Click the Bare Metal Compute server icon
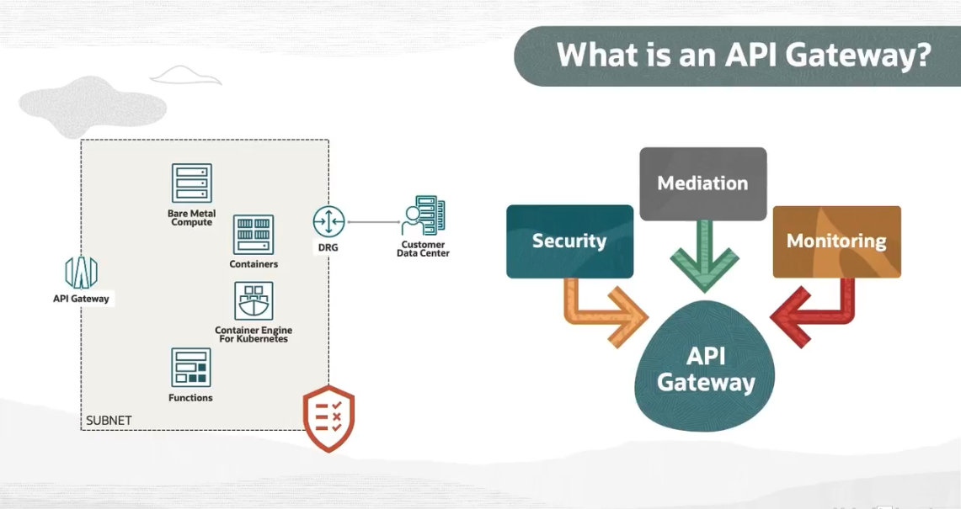(191, 183)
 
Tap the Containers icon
(254, 235)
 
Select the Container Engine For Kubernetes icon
(254, 301)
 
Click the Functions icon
(190, 368)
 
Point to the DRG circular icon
(328, 222)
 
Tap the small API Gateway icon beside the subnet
(81, 272)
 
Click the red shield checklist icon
(328, 417)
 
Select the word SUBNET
(109, 420)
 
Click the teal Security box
(569, 241)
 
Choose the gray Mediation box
(702, 183)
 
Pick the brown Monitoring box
(836, 241)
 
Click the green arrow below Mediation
(703, 257)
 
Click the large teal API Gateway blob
(706, 370)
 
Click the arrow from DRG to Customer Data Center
(373, 222)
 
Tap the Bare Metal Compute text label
(191, 218)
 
